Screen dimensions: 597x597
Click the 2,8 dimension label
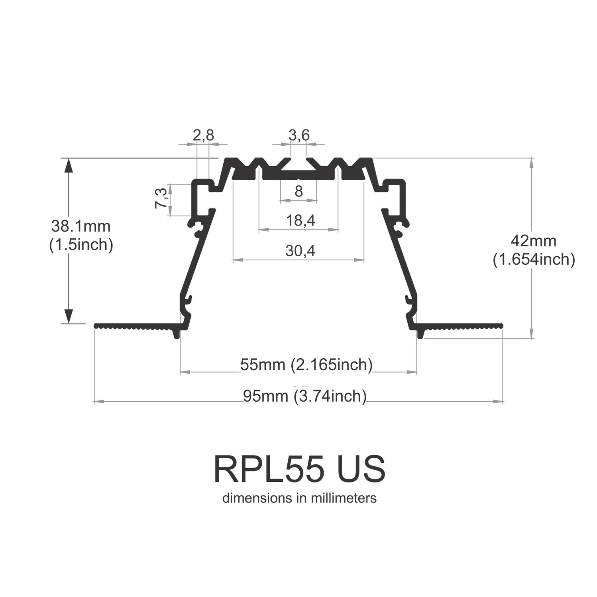203,136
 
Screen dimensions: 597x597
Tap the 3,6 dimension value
299,136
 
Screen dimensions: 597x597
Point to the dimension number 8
299,192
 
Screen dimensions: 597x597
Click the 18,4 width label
300,220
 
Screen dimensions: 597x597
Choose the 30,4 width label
300,251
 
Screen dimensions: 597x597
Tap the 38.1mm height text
81,226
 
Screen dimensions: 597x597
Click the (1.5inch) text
81,245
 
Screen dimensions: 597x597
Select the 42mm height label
533,241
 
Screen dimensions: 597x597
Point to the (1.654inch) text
534,260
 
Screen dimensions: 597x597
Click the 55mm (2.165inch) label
306,365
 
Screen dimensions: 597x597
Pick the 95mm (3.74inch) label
305,396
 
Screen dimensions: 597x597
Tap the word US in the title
361,469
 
